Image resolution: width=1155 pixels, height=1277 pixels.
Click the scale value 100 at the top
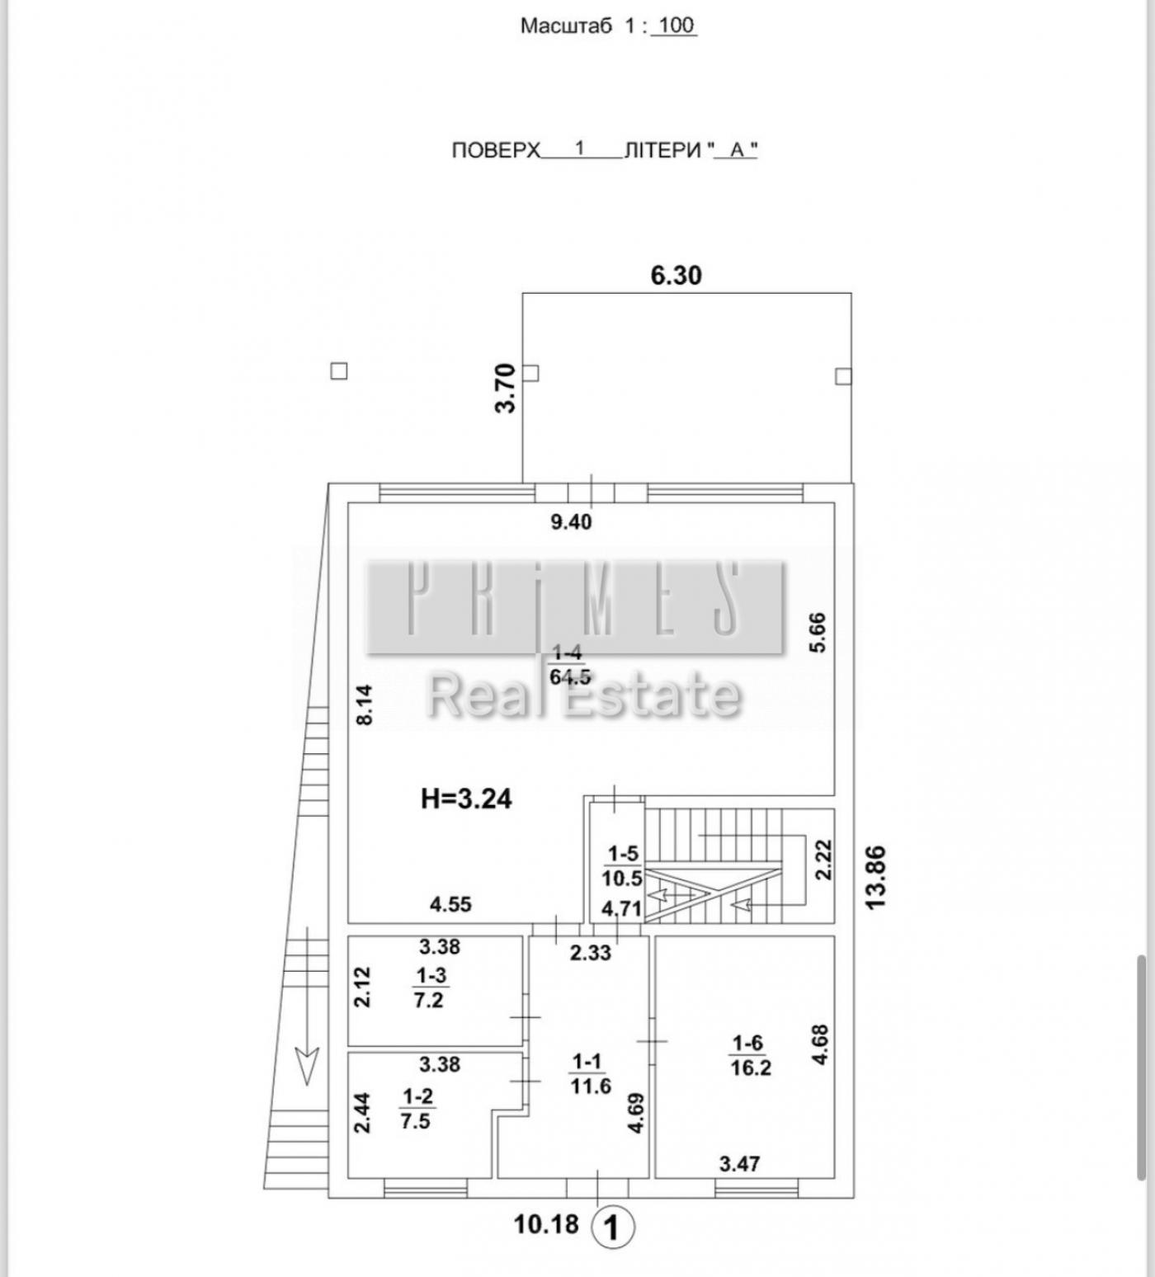(676, 25)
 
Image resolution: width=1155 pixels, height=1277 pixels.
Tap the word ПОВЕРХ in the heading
(496, 150)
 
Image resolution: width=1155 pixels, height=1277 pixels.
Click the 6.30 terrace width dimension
(676, 275)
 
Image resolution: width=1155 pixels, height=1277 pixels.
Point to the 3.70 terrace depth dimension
(506, 389)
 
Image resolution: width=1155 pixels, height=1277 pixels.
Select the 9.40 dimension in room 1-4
(571, 522)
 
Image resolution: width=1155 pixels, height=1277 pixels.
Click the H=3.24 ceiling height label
(466, 799)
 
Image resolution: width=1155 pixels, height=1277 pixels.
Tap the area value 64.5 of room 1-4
(570, 676)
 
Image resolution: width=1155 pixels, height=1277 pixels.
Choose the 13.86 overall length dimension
(875, 877)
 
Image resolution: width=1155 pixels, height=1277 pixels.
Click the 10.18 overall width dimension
(546, 1223)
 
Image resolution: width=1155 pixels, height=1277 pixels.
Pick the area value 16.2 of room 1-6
(751, 1067)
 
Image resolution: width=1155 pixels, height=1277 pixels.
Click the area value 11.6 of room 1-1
(590, 1086)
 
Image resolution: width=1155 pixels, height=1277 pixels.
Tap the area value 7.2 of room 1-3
(429, 1000)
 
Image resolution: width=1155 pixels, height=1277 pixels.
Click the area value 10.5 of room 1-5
(622, 879)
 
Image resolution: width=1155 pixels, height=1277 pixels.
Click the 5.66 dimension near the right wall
(817, 632)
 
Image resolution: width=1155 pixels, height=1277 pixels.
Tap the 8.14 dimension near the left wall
(365, 705)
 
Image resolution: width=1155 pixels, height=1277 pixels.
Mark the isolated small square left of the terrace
(338, 371)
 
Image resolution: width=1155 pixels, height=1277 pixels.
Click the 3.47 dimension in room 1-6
(739, 1164)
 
